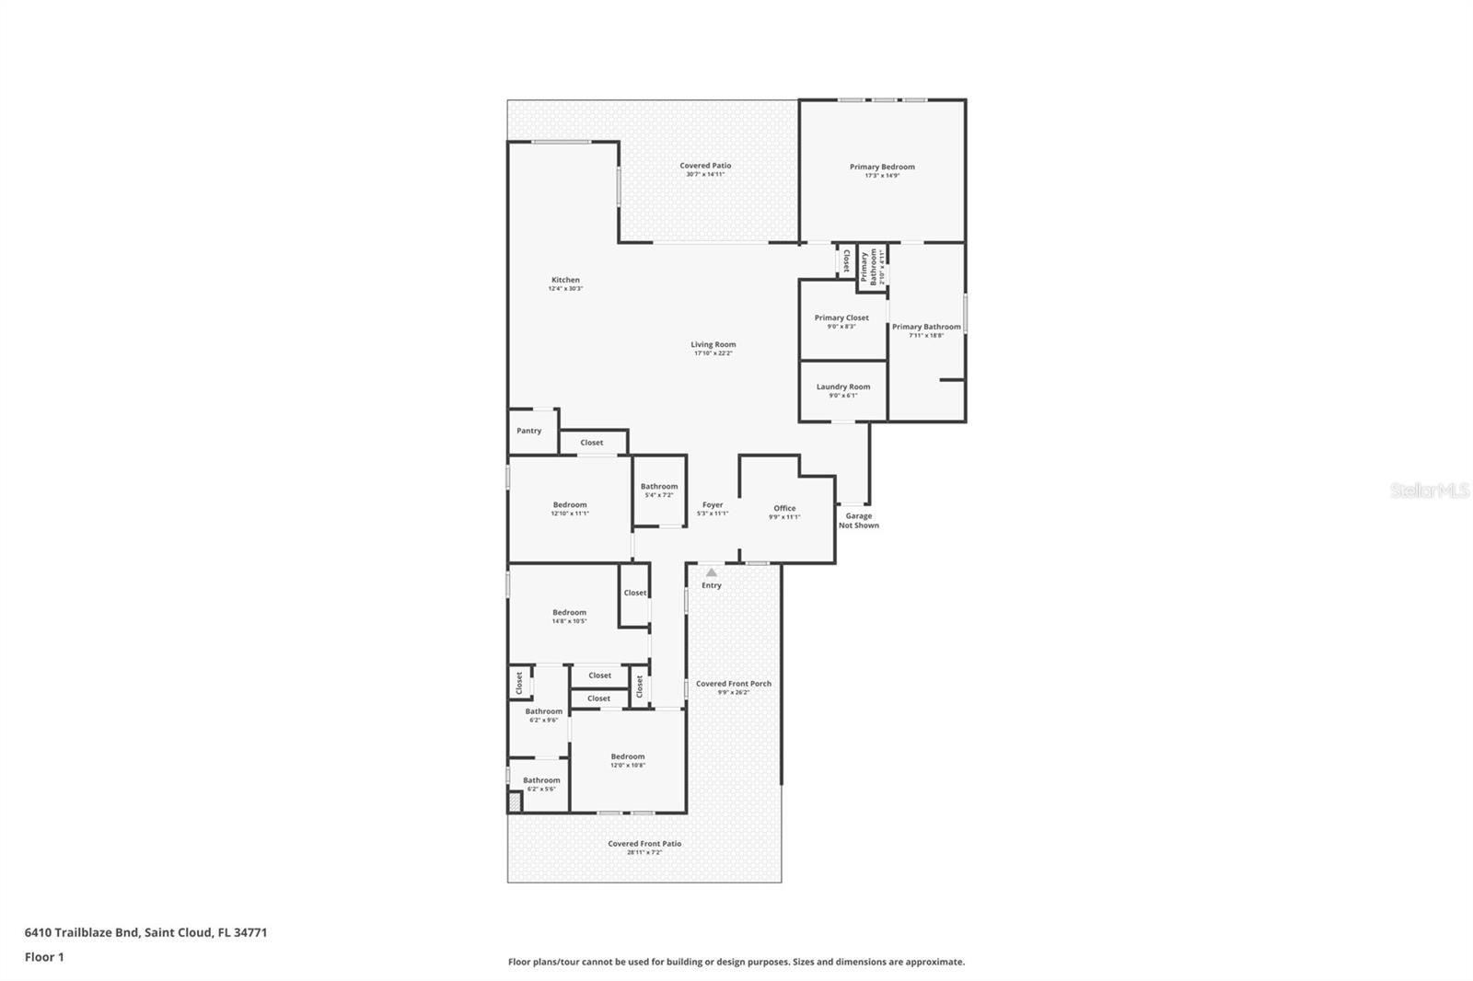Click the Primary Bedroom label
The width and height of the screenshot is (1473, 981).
click(882, 167)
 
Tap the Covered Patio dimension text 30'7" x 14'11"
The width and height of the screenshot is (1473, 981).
click(705, 175)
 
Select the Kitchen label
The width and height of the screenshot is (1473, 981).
click(565, 281)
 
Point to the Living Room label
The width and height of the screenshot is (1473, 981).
click(713, 345)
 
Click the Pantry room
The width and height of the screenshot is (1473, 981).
click(528, 431)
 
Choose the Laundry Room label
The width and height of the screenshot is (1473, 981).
click(842, 387)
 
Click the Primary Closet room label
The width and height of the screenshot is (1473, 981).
click(841, 318)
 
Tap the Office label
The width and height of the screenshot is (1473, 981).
click(784, 509)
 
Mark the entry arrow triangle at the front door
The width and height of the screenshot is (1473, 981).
click(711, 572)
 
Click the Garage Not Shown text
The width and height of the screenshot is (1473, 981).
click(858, 521)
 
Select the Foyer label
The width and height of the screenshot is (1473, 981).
click(713, 505)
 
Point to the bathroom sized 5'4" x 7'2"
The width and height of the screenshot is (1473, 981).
click(659, 490)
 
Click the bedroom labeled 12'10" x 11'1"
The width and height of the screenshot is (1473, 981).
click(570, 508)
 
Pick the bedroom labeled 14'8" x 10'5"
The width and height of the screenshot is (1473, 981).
click(569, 616)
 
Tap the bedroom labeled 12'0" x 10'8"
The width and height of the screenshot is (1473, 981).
click(627, 760)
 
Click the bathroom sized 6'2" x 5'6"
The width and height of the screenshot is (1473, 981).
click(541, 784)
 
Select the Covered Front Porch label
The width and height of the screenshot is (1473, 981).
click(733, 684)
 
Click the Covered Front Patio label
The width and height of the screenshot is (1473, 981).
click(644, 844)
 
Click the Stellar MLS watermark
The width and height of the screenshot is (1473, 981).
click(1429, 490)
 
